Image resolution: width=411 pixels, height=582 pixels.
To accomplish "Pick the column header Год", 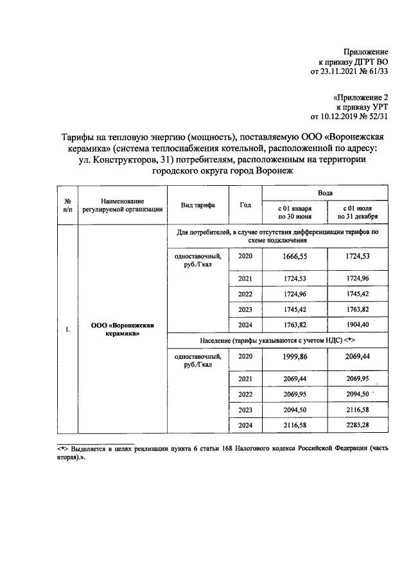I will [x=245, y=205].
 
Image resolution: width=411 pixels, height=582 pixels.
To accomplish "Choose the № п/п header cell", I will [x=67, y=205].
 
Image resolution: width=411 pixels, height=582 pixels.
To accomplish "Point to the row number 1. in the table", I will [x=67, y=330].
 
